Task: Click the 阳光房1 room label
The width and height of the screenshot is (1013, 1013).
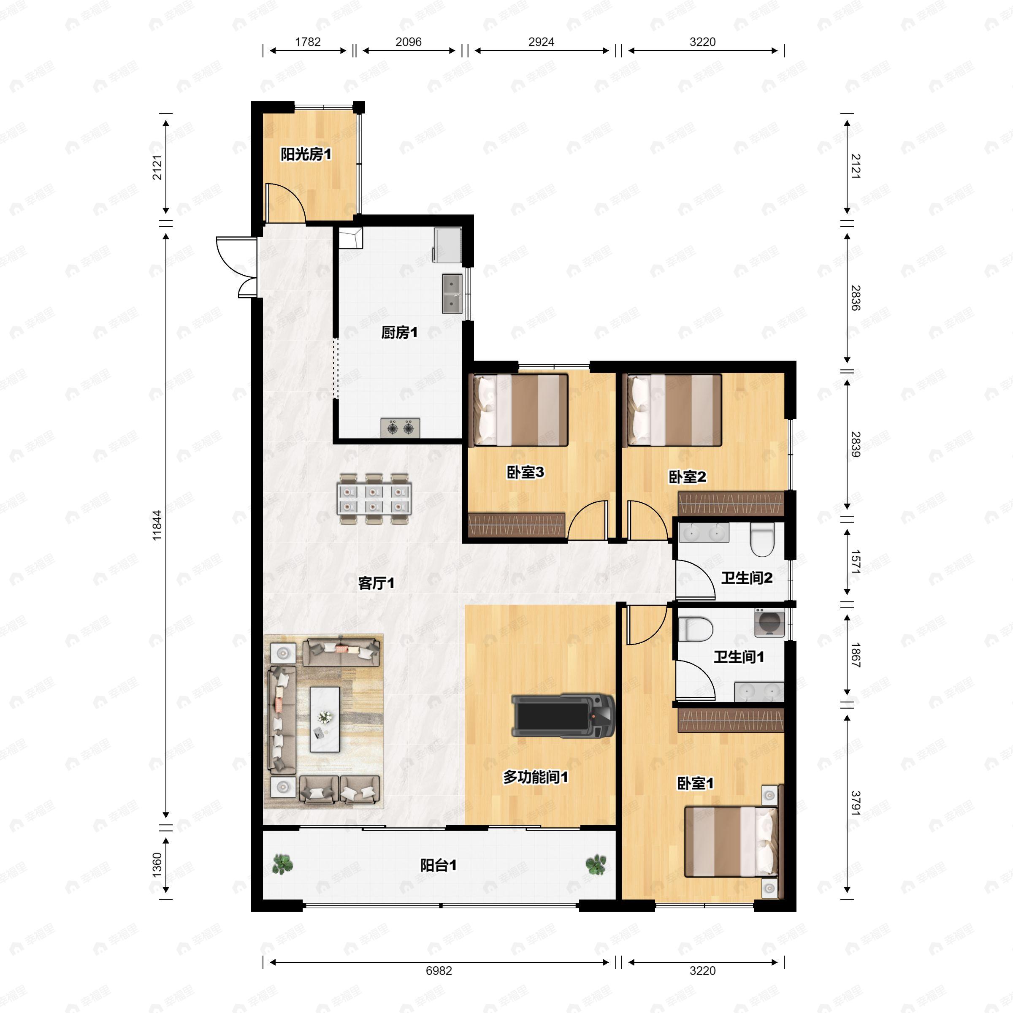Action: point(306,154)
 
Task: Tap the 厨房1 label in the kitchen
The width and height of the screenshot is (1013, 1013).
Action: point(399,333)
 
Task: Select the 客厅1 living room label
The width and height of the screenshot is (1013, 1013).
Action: point(376,583)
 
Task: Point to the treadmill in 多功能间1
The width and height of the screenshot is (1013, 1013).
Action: point(563,716)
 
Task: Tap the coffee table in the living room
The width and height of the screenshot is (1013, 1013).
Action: point(325,719)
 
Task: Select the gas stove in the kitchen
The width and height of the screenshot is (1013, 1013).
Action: point(400,428)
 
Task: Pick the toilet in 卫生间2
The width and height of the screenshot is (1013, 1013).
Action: point(762,541)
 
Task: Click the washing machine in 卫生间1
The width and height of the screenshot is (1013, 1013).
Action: point(769,623)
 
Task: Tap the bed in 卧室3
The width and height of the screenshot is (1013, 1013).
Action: point(521,409)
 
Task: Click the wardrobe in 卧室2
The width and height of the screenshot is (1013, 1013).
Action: point(730,504)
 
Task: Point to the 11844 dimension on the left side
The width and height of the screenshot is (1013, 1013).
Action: point(157,525)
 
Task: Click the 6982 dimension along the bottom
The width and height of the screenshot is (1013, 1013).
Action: point(439,970)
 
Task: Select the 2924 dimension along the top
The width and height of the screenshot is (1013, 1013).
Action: point(541,42)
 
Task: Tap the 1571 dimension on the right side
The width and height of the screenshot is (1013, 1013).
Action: point(855,561)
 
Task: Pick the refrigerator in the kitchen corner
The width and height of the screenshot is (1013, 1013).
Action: point(447,245)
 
